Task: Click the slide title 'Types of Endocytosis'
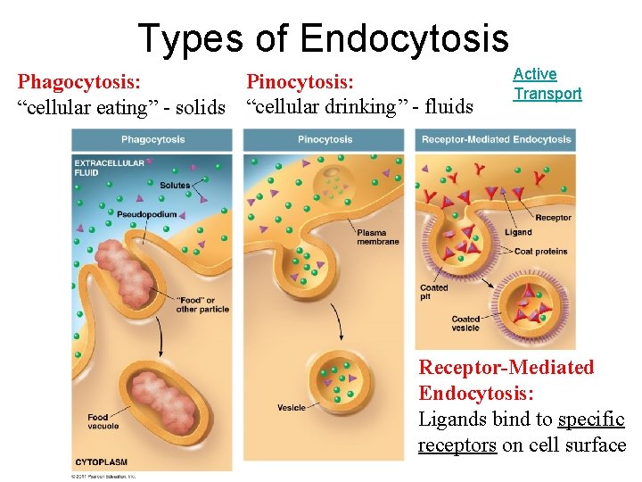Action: (323, 38)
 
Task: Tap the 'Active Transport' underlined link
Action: (547, 84)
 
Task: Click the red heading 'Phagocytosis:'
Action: (78, 83)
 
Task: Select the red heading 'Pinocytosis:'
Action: (300, 83)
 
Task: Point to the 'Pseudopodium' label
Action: (147, 214)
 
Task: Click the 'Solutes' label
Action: (175, 186)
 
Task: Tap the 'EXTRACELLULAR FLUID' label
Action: (99, 168)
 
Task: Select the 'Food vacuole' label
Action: (103, 421)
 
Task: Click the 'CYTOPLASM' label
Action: (101, 462)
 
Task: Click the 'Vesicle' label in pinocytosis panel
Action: (292, 408)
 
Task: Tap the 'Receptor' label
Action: (553, 218)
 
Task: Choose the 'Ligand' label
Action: (518, 233)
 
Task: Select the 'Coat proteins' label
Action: (541, 252)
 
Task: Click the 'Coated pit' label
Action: (433, 293)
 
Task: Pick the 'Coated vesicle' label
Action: (465, 324)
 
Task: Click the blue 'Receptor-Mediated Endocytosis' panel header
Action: (496, 139)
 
